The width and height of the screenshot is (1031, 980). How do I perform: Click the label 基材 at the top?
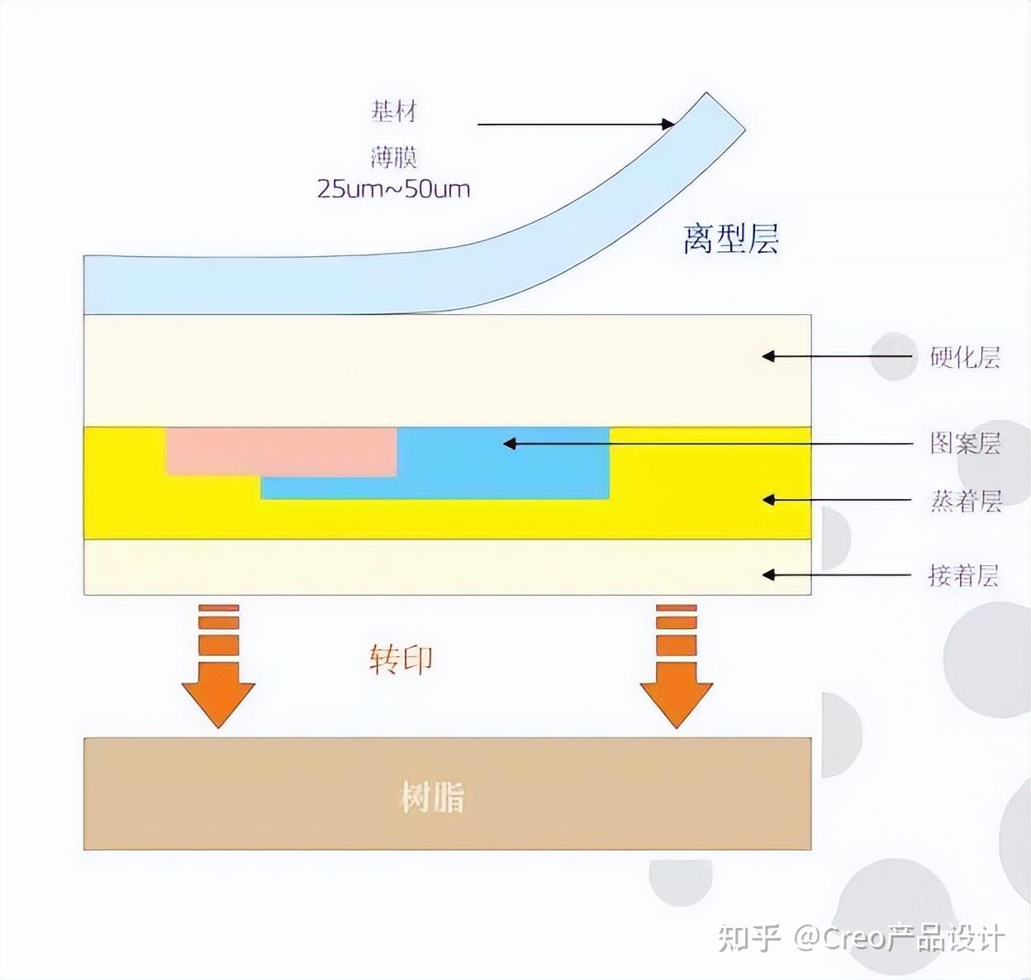click(393, 111)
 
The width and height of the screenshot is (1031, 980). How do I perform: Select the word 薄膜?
click(393, 156)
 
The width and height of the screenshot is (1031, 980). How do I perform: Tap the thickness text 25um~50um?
click(393, 189)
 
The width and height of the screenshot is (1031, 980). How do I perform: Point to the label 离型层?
click(730, 239)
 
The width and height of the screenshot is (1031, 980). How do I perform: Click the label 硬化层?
click(965, 357)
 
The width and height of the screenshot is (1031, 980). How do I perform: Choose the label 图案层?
click(965, 444)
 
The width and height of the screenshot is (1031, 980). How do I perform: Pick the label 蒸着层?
click(966, 501)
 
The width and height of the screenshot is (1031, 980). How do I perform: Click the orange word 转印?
click(401, 659)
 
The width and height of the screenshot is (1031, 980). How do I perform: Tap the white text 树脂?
click(432, 797)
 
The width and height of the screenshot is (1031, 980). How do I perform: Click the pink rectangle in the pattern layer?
click(281, 450)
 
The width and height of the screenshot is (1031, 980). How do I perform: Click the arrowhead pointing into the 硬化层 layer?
click(767, 357)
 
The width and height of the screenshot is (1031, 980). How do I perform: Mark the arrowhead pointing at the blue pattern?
click(510, 444)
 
